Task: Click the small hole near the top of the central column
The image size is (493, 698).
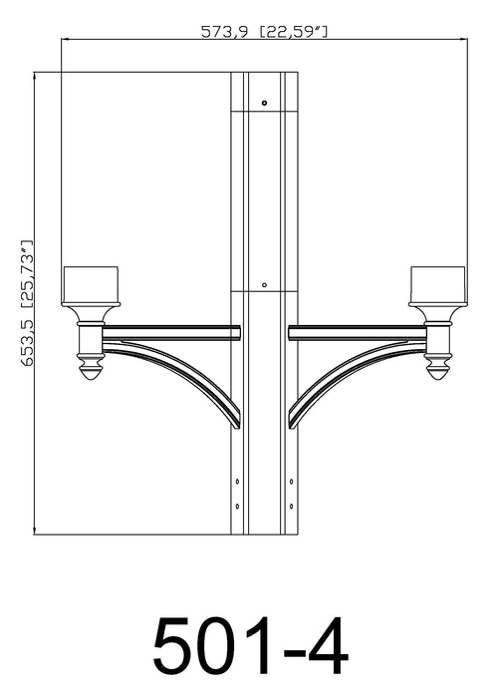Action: point(264,102)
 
